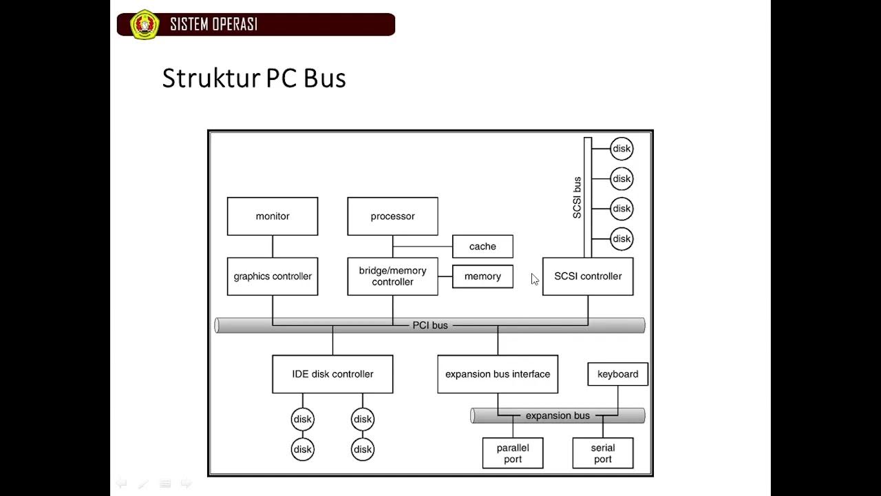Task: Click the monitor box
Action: [273, 216]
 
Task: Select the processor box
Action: [392, 216]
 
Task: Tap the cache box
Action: [482, 247]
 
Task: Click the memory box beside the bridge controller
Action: [482, 276]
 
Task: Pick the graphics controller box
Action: [273, 276]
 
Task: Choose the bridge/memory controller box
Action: [392, 276]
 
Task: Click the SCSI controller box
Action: [588, 276]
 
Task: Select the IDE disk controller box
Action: [332, 374]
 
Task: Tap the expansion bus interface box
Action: [498, 374]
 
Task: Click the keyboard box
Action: [618, 374]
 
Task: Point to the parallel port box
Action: [513, 453]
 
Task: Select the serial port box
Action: [603, 453]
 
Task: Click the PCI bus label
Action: [430, 326]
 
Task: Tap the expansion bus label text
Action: [558, 415]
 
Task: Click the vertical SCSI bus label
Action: [577, 198]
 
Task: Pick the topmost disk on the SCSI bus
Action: [622, 149]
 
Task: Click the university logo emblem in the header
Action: [145, 24]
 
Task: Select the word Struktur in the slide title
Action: [211, 78]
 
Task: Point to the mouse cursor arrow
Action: [535, 279]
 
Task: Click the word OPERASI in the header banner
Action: [235, 24]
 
